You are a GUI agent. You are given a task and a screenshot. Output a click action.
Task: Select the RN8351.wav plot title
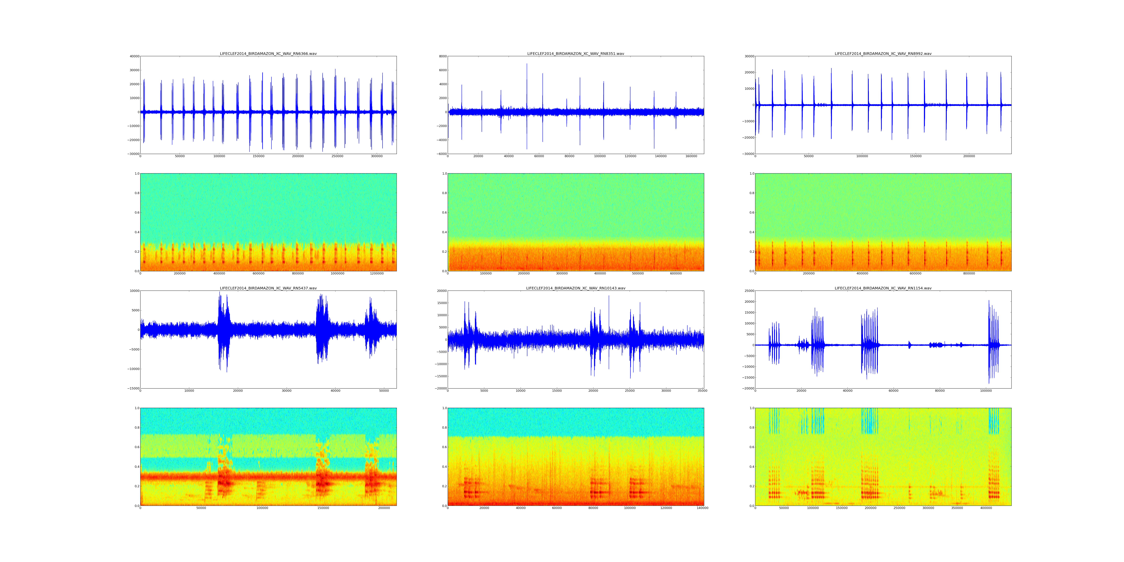[x=575, y=54]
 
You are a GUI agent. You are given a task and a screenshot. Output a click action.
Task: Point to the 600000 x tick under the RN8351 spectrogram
[x=676, y=274]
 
